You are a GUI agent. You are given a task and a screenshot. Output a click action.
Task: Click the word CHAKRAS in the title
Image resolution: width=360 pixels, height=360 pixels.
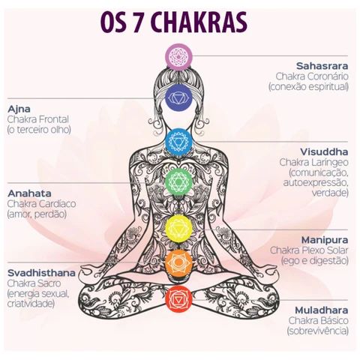click(x=199, y=22)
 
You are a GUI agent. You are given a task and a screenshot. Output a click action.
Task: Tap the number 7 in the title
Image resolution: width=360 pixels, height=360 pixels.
click(x=137, y=22)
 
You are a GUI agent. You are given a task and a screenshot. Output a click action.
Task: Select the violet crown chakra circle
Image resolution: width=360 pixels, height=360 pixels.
click(x=178, y=56)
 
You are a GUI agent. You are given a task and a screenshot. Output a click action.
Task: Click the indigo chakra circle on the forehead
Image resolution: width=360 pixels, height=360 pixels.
click(x=178, y=97)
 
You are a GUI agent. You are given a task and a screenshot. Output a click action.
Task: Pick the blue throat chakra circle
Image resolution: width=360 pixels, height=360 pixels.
click(x=178, y=142)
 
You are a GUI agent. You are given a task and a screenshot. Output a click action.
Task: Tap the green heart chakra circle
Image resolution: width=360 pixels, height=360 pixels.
click(x=178, y=181)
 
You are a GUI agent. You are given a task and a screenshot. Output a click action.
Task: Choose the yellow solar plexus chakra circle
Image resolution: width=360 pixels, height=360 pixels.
click(x=178, y=229)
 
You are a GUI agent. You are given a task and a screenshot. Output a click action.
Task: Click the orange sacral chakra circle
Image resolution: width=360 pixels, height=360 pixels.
click(x=178, y=262)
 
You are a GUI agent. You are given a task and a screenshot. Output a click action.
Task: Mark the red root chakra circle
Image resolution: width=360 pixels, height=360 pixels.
click(x=178, y=299)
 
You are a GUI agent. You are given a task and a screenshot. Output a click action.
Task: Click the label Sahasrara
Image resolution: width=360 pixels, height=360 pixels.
click(x=322, y=66)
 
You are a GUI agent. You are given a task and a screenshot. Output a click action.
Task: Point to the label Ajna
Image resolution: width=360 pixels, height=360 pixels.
click(x=19, y=109)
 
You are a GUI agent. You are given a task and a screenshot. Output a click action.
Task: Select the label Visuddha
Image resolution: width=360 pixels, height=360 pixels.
click(x=324, y=151)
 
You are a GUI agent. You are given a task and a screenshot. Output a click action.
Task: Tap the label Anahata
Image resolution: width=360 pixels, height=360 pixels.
click(x=29, y=193)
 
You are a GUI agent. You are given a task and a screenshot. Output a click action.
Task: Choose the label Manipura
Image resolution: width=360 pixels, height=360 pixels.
click(x=325, y=240)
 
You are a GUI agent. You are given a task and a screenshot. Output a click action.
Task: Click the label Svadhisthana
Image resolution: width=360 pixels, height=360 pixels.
click(x=41, y=273)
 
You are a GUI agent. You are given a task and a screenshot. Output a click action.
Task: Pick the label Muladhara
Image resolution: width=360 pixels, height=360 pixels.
click(x=322, y=310)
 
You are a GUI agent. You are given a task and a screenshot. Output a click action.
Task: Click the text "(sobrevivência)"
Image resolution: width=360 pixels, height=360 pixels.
click(x=317, y=331)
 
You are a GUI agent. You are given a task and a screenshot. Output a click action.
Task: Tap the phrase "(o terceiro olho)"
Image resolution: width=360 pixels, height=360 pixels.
click(x=39, y=130)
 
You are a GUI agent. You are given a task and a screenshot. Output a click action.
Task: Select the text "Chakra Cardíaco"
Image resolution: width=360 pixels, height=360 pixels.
click(x=41, y=204)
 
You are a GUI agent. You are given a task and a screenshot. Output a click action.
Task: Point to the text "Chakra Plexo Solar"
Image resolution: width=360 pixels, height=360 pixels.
click(x=309, y=250)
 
